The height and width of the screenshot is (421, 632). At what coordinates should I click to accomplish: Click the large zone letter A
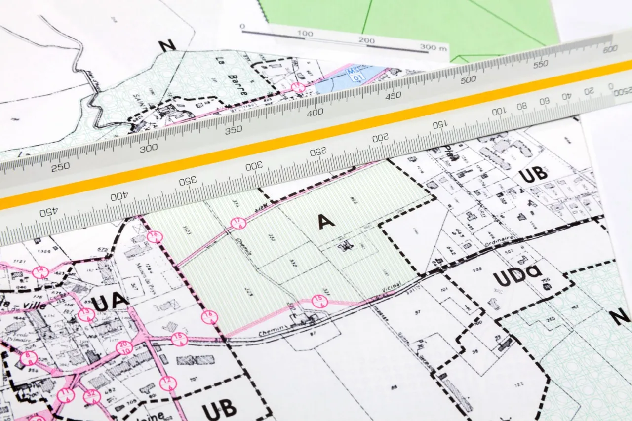326,222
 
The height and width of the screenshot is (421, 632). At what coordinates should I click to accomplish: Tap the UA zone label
110,302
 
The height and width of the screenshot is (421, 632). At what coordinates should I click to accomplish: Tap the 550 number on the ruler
541,64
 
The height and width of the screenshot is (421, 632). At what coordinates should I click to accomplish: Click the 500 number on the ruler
468,79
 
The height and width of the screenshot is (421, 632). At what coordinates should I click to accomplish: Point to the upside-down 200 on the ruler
380,138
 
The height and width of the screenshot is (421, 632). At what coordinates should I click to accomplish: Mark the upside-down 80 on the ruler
522,106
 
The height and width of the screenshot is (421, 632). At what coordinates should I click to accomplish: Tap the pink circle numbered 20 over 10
124,347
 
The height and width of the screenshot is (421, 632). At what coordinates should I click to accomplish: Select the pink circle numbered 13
86,314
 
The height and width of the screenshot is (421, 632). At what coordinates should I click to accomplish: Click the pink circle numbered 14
40,272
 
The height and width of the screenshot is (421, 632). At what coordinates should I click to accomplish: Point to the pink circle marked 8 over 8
29,358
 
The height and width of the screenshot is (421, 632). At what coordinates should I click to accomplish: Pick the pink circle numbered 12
168,383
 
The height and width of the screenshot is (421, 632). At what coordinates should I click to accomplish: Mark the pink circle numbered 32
92,396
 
